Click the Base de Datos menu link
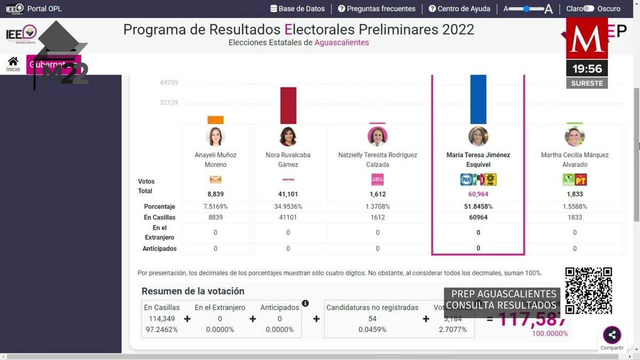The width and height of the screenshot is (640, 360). pyautogui.click(x=298, y=9)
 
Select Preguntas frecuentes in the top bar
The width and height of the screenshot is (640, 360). pyautogui.click(x=377, y=9)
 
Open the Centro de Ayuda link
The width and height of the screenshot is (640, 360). pyautogui.click(x=461, y=9)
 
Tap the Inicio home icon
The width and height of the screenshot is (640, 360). pyautogui.click(x=13, y=62)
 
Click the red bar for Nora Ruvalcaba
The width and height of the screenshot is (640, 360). pyautogui.click(x=288, y=106)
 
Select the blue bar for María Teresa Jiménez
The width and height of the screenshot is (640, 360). pyautogui.click(x=478, y=99)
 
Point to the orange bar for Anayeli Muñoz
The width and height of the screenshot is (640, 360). pyautogui.click(x=215, y=120)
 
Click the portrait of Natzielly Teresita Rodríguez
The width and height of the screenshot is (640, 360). pyautogui.click(x=377, y=137)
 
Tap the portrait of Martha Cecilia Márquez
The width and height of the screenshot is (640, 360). pyautogui.click(x=574, y=137)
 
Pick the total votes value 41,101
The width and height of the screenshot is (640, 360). pyautogui.click(x=288, y=194)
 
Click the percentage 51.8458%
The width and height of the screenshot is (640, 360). pyautogui.click(x=478, y=206)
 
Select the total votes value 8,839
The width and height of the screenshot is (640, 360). pyautogui.click(x=215, y=194)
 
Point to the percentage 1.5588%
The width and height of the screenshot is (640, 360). pyautogui.click(x=574, y=206)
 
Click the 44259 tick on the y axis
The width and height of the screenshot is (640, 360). pyautogui.click(x=169, y=83)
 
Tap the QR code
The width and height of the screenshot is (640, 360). pyautogui.click(x=588, y=291)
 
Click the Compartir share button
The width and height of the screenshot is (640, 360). pyautogui.click(x=612, y=335)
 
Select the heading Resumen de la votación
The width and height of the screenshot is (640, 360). pyautogui.click(x=193, y=291)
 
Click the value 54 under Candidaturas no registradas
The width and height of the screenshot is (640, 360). pyautogui.click(x=372, y=319)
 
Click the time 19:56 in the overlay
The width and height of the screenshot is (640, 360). pyautogui.click(x=587, y=69)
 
